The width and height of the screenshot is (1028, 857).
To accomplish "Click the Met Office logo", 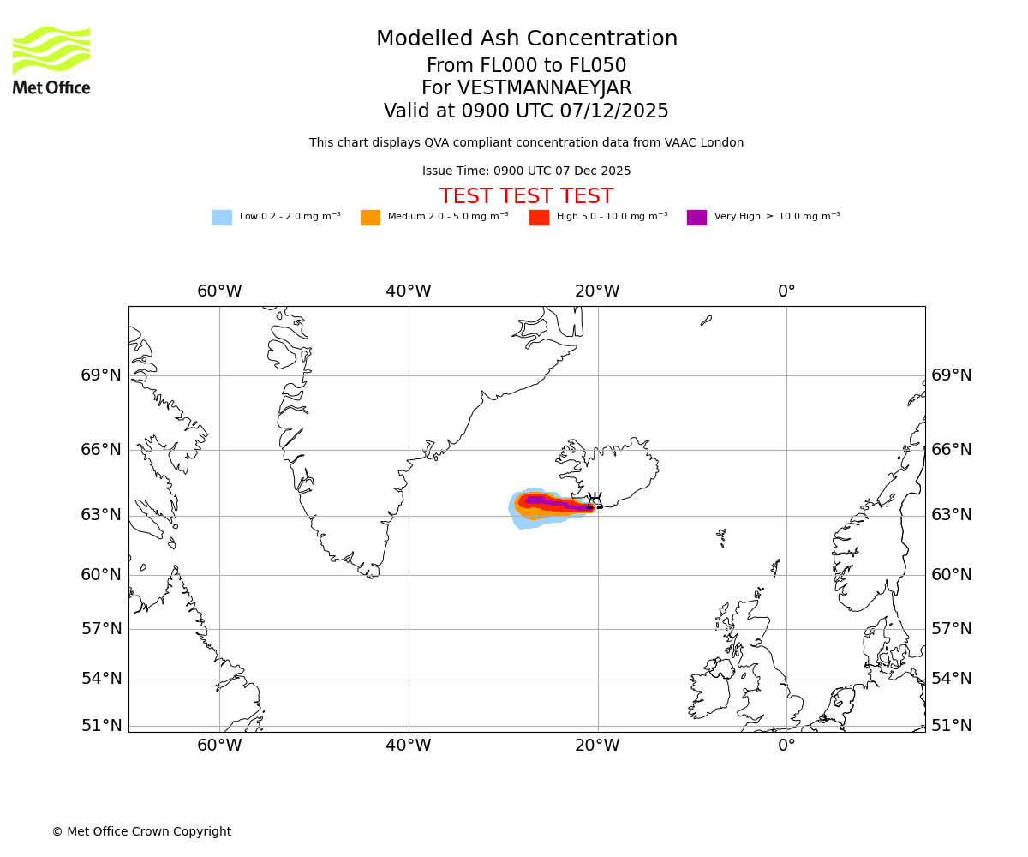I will (x=51, y=60).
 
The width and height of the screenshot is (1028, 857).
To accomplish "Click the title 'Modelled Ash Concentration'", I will (x=527, y=39).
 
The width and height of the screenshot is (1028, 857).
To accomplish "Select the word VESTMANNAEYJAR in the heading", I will (x=545, y=88).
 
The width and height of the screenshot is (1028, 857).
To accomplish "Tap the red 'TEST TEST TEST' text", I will (x=526, y=197).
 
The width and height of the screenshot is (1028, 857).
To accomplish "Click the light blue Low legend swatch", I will (x=222, y=218).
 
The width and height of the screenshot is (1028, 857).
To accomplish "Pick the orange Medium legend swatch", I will (x=370, y=218).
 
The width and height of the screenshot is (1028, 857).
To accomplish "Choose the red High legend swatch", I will (x=539, y=218).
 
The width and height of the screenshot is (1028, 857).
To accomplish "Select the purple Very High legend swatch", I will (x=696, y=218).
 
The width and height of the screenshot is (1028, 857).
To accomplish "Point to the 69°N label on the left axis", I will (x=101, y=375).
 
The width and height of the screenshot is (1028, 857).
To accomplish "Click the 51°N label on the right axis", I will (x=952, y=726).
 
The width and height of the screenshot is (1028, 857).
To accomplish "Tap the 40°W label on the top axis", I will (x=409, y=291).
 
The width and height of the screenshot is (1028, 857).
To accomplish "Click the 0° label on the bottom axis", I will (x=786, y=746).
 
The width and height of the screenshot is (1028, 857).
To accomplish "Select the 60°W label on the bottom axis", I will (x=219, y=746).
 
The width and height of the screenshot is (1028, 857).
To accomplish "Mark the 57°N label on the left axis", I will (x=101, y=629).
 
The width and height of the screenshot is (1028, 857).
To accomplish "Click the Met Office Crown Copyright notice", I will (x=141, y=832).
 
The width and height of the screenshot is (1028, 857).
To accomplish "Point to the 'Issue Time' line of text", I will (x=526, y=171).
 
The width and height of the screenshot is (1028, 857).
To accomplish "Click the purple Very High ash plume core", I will (x=536, y=500).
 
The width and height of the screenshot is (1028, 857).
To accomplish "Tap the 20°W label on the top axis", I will (x=597, y=291).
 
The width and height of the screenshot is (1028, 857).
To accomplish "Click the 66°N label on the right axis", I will (x=952, y=450).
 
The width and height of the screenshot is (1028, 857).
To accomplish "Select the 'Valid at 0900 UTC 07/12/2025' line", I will (x=526, y=111).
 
